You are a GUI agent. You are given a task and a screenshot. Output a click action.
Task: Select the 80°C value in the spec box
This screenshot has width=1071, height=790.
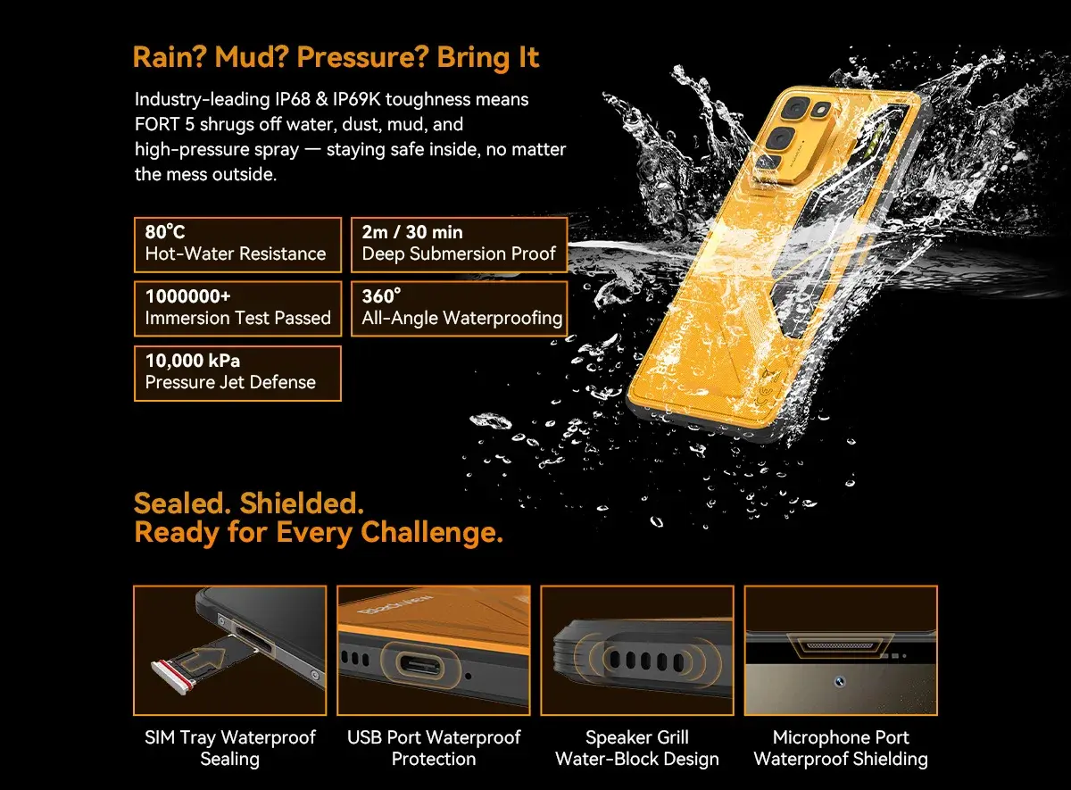165,232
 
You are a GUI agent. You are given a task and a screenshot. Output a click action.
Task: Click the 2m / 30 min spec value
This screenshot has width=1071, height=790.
412,232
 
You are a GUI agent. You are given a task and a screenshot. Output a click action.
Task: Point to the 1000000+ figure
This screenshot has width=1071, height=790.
188,296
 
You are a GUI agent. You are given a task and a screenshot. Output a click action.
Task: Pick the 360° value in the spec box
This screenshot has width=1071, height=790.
381,296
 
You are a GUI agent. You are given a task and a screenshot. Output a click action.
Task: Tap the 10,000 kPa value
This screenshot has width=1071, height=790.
193,361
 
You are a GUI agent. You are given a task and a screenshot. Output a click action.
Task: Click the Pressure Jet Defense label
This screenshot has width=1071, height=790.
230,382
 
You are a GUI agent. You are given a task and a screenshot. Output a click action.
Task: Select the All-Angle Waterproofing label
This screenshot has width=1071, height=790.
462,318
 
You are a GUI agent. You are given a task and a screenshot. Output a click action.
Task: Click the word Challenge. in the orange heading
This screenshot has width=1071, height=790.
432,532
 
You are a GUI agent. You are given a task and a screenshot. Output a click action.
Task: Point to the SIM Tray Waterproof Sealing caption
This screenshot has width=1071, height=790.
230,748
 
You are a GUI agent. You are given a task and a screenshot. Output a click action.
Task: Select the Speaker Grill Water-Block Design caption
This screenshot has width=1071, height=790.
637,748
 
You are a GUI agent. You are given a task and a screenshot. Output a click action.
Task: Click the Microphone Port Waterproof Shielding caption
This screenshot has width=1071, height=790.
841,748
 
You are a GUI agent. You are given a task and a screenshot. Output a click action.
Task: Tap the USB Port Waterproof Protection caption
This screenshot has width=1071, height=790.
434,748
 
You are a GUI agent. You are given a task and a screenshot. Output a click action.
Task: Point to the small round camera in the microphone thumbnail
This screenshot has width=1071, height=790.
839,682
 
